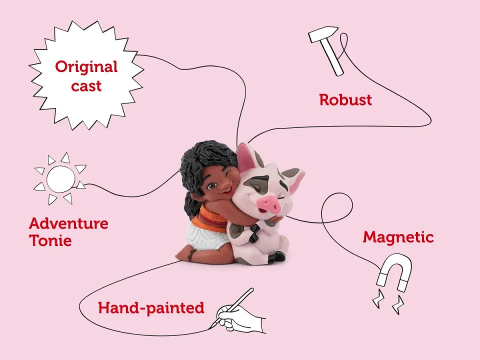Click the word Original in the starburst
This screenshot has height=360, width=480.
[x=86, y=67]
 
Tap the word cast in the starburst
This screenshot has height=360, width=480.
[x=86, y=86]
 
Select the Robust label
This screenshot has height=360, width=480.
[x=345, y=100]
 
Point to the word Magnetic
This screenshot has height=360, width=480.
[x=398, y=237]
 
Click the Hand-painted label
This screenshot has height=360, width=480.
[x=151, y=308]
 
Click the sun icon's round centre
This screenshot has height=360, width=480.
[x=60, y=179]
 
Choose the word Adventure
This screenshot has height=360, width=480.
[x=68, y=223]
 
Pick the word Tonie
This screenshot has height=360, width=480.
[x=50, y=240]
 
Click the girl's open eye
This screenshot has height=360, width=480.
[x=211, y=186]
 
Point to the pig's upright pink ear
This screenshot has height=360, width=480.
[x=246, y=157]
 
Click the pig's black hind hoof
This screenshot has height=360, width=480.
[x=277, y=256]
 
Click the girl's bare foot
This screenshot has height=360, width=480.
[x=184, y=254]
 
